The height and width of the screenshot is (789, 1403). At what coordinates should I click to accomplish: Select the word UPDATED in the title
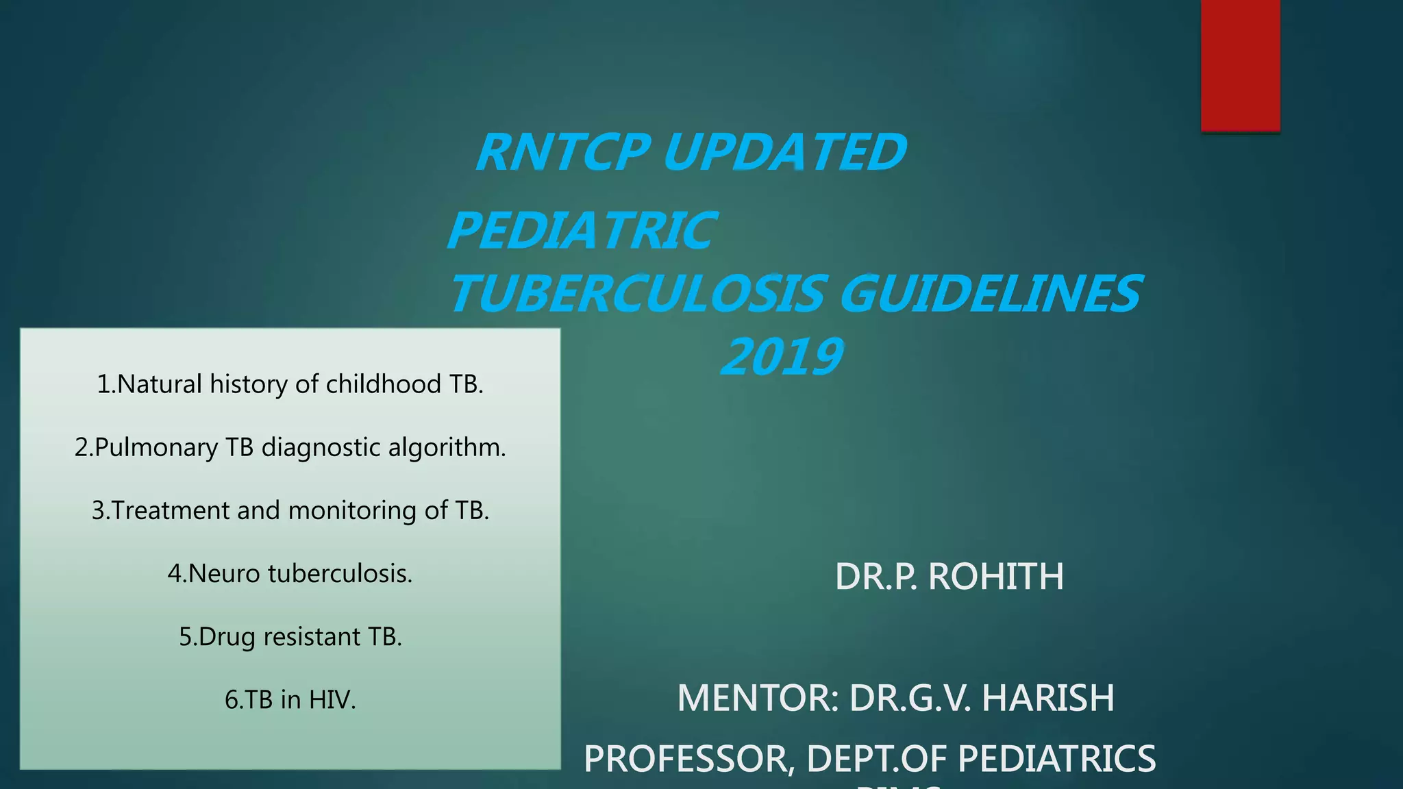pyautogui.click(x=785, y=152)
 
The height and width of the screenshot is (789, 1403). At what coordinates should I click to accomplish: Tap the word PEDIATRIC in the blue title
pyautogui.click(x=582, y=231)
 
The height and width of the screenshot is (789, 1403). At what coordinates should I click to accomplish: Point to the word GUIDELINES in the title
pyautogui.click(x=990, y=294)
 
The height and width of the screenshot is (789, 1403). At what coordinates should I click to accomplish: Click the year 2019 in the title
pyautogui.click(x=782, y=357)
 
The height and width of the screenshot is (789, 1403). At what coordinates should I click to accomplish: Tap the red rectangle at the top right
pyautogui.click(x=1240, y=65)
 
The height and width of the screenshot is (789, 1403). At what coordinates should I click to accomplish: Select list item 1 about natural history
pyautogui.click(x=290, y=384)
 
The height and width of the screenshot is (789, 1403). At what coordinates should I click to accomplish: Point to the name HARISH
pyautogui.click(x=1047, y=698)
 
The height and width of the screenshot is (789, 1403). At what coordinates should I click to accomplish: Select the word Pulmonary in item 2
pyautogui.click(x=156, y=447)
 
